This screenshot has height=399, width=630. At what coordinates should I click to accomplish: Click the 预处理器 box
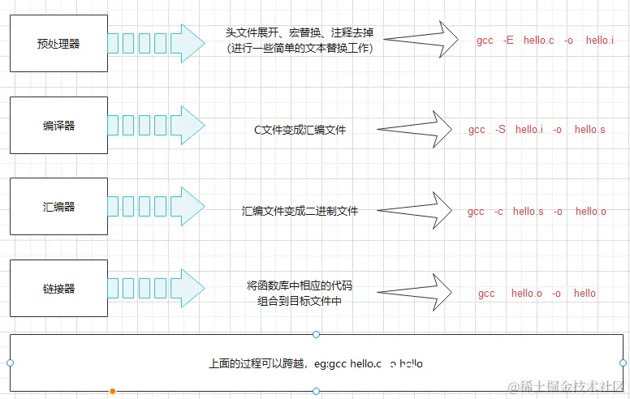(58, 44)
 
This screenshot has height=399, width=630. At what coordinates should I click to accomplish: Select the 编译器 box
(58, 126)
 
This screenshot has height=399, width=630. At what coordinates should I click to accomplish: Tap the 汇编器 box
(58, 207)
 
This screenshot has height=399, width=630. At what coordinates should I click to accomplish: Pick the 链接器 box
(58, 289)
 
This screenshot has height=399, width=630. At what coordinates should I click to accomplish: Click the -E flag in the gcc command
(508, 40)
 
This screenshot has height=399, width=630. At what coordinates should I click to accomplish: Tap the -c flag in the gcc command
(499, 212)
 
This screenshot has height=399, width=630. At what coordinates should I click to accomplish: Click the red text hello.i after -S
(529, 130)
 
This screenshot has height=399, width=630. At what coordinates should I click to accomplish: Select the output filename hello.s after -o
(590, 130)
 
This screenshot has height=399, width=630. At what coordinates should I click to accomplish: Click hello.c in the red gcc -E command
(538, 40)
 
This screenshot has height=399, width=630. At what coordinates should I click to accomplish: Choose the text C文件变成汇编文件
(300, 130)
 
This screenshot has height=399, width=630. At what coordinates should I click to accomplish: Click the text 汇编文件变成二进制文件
(300, 211)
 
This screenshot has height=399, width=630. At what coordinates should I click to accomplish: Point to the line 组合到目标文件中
(300, 300)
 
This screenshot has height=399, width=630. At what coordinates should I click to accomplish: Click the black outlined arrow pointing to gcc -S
(416, 129)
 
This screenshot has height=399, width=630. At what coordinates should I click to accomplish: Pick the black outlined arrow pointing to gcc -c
(416, 211)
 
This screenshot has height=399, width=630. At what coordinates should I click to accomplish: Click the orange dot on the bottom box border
(113, 392)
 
